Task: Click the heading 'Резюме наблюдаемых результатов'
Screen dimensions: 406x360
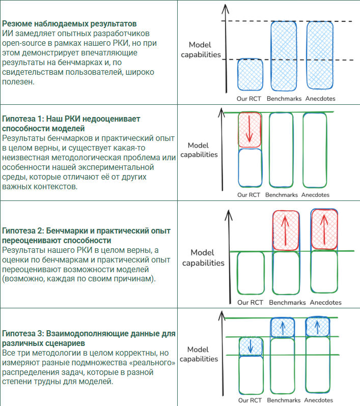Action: click(x=70, y=24)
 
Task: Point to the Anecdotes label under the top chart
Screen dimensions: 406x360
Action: click(x=321, y=99)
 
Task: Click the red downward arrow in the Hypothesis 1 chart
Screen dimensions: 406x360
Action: click(x=250, y=130)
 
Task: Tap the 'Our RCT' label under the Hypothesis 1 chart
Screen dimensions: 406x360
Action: click(x=250, y=195)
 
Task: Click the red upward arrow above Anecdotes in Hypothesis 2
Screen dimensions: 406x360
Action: click(x=324, y=230)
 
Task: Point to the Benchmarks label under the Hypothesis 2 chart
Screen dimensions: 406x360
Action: click(x=287, y=302)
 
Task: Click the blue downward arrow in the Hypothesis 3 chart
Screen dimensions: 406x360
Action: click(x=251, y=346)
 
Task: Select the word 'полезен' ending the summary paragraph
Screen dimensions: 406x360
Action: click(x=18, y=81)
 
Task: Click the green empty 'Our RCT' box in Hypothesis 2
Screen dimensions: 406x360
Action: click(x=250, y=274)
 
